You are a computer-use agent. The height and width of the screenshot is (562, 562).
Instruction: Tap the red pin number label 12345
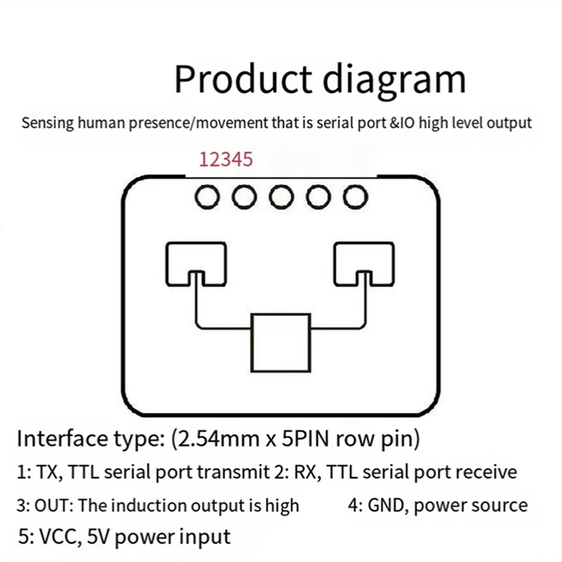point(226,159)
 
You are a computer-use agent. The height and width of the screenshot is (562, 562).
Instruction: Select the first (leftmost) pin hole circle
point(207,197)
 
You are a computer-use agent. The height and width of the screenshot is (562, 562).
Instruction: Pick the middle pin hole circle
point(281,197)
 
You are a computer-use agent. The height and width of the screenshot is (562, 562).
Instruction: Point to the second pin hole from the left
point(244,197)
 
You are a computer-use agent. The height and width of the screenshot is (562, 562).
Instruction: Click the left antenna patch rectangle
point(196,259)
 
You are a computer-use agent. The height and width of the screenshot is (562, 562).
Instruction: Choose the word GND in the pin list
point(386,505)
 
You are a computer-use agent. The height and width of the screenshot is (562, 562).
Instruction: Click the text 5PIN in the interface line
point(306,440)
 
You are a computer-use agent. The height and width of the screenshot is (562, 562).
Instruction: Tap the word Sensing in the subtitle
point(46,124)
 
